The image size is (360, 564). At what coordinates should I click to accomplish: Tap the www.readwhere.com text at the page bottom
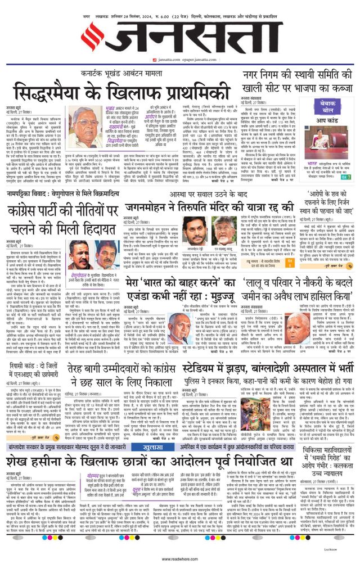180,559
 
